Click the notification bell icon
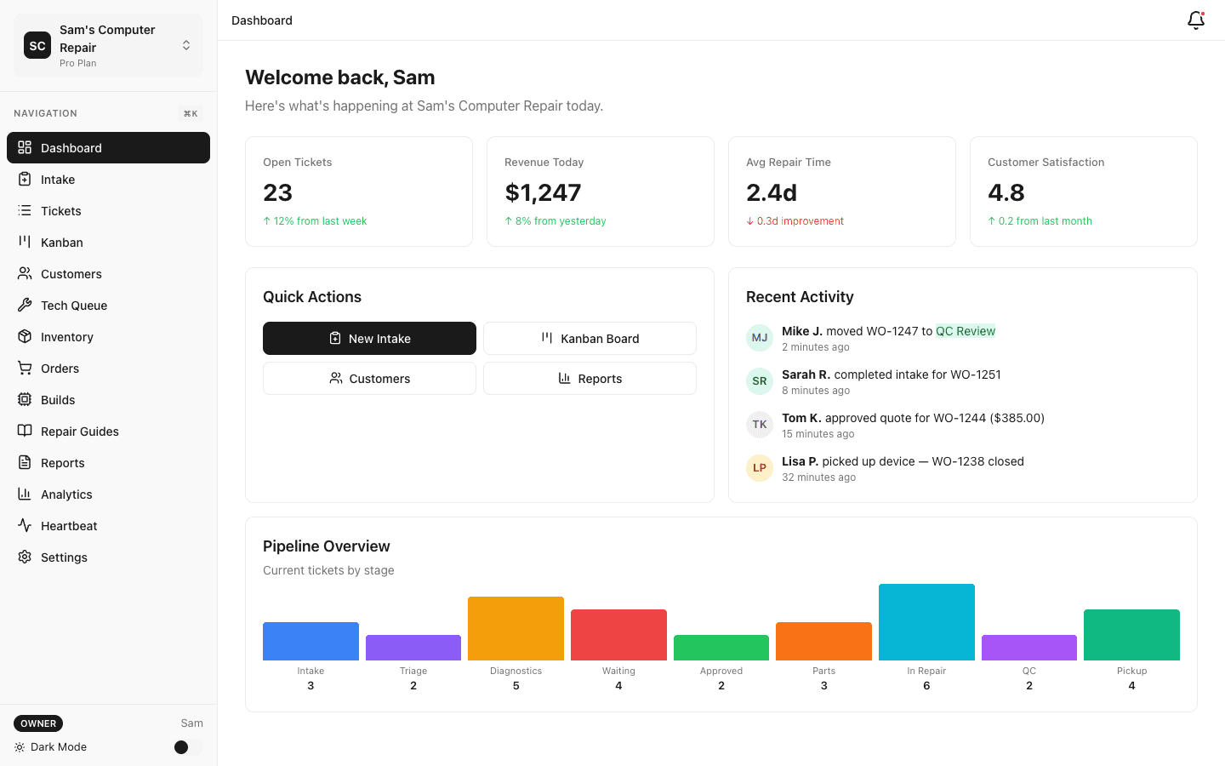click(x=1195, y=20)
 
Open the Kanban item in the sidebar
click(x=62, y=243)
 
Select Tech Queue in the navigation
click(x=74, y=306)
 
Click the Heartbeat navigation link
click(x=69, y=526)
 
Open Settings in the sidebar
click(x=64, y=557)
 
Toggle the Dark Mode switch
click(x=187, y=747)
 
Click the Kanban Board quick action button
click(x=590, y=339)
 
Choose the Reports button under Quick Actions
click(x=590, y=379)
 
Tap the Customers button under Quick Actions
click(x=369, y=379)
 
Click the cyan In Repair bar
click(x=926, y=622)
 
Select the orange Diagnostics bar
click(x=516, y=628)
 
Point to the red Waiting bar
click(x=618, y=635)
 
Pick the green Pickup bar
click(x=1131, y=635)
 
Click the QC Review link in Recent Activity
click(x=966, y=331)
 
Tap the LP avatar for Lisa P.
click(x=760, y=468)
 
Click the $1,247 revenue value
click(x=543, y=193)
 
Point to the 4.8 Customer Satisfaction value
click(x=1006, y=193)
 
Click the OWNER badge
click(x=38, y=723)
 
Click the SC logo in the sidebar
click(x=37, y=46)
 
